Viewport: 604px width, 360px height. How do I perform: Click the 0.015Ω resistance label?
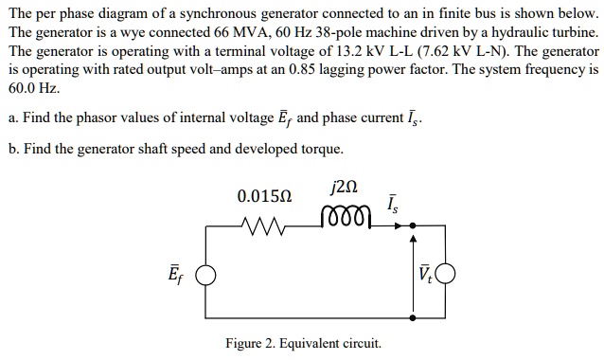(x=265, y=196)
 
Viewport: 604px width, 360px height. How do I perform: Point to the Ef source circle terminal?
(x=202, y=277)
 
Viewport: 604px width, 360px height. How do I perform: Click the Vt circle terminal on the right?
(x=445, y=277)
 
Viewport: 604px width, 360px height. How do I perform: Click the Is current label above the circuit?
(x=393, y=202)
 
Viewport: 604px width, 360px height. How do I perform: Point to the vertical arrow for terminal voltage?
(x=414, y=275)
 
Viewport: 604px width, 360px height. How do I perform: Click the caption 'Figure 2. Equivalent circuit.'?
(x=303, y=342)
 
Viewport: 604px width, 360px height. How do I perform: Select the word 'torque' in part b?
(x=318, y=149)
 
